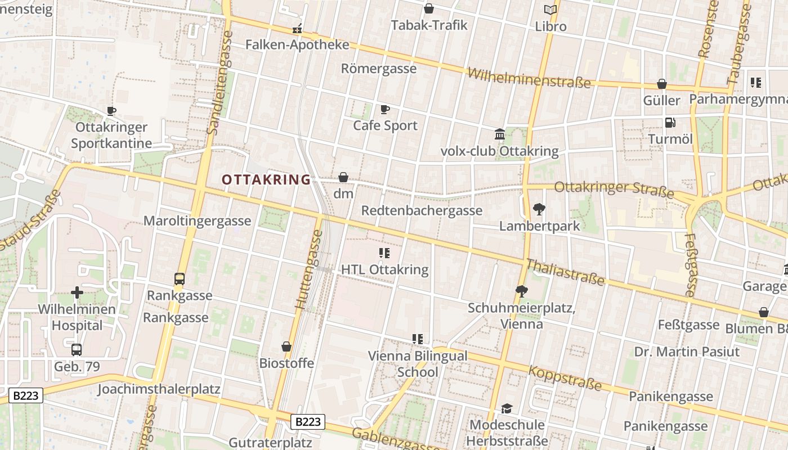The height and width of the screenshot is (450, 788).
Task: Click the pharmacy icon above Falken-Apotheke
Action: click(297, 29)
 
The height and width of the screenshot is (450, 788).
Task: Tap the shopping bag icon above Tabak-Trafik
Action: click(429, 8)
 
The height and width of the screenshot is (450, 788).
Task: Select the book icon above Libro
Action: click(550, 10)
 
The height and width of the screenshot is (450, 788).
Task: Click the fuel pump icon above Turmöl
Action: click(670, 122)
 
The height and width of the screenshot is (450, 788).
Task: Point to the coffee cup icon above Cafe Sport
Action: click(385, 109)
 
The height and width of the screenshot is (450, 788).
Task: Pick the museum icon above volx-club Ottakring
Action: click(499, 134)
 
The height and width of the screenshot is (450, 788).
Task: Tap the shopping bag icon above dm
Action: click(343, 177)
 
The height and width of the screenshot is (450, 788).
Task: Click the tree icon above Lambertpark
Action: click(539, 209)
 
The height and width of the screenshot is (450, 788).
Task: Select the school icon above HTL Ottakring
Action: click(384, 253)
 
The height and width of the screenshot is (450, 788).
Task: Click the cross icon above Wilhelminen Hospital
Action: click(77, 292)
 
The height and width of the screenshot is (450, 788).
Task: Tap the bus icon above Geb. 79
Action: click(77, 349)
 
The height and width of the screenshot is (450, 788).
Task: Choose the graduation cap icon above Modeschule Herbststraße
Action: click(507, 408)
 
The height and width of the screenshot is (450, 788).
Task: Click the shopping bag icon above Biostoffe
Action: click(286, 346)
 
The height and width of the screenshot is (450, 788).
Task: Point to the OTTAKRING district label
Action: click(266, 180)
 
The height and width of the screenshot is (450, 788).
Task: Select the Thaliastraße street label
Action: click(565, 272)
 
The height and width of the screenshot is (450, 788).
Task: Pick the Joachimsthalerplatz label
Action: click(159, 389)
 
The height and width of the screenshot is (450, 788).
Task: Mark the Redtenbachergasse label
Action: click(422, 210)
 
